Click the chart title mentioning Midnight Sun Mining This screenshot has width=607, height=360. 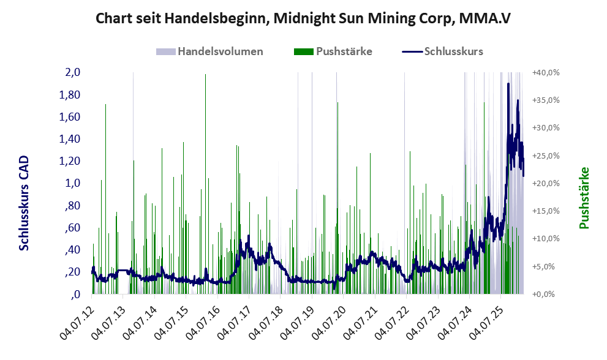(x=303, y=18)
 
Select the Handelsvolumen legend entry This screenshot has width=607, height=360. (x=209, y=51)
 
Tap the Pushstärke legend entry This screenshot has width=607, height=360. (x=333, y=51)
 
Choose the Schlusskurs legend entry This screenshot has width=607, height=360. (x=442, y=51)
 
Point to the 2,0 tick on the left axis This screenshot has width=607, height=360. (x=73, y=72)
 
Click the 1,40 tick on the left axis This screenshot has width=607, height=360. (x=70, y=139)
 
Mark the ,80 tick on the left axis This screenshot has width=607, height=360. (x=73, y=206)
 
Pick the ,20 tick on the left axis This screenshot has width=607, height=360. (x=73, y=272)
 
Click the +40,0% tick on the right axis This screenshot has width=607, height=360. (x=546, y=73)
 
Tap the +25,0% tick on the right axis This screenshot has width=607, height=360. (x=546, y=156)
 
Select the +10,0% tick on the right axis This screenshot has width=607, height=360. (x=546, y=238)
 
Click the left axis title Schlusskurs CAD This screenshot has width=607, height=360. (x=24, y=203)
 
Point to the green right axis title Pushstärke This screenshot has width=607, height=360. (x=584, y=198)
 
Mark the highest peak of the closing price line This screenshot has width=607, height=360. (x=508, y=84)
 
